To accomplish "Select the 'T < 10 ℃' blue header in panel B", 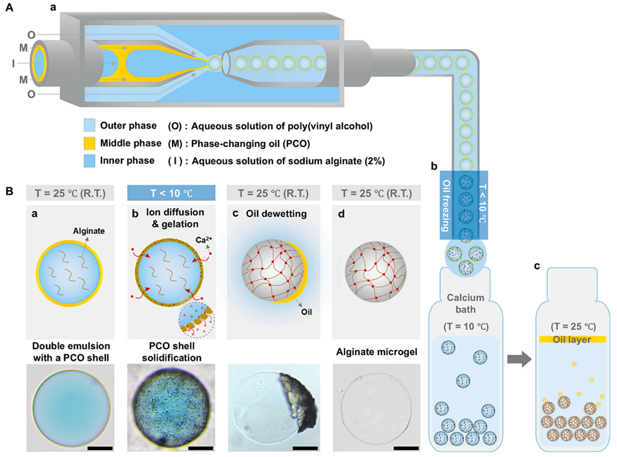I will click(x=171, y=192).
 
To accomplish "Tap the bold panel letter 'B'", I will click(x=9, y=192).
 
